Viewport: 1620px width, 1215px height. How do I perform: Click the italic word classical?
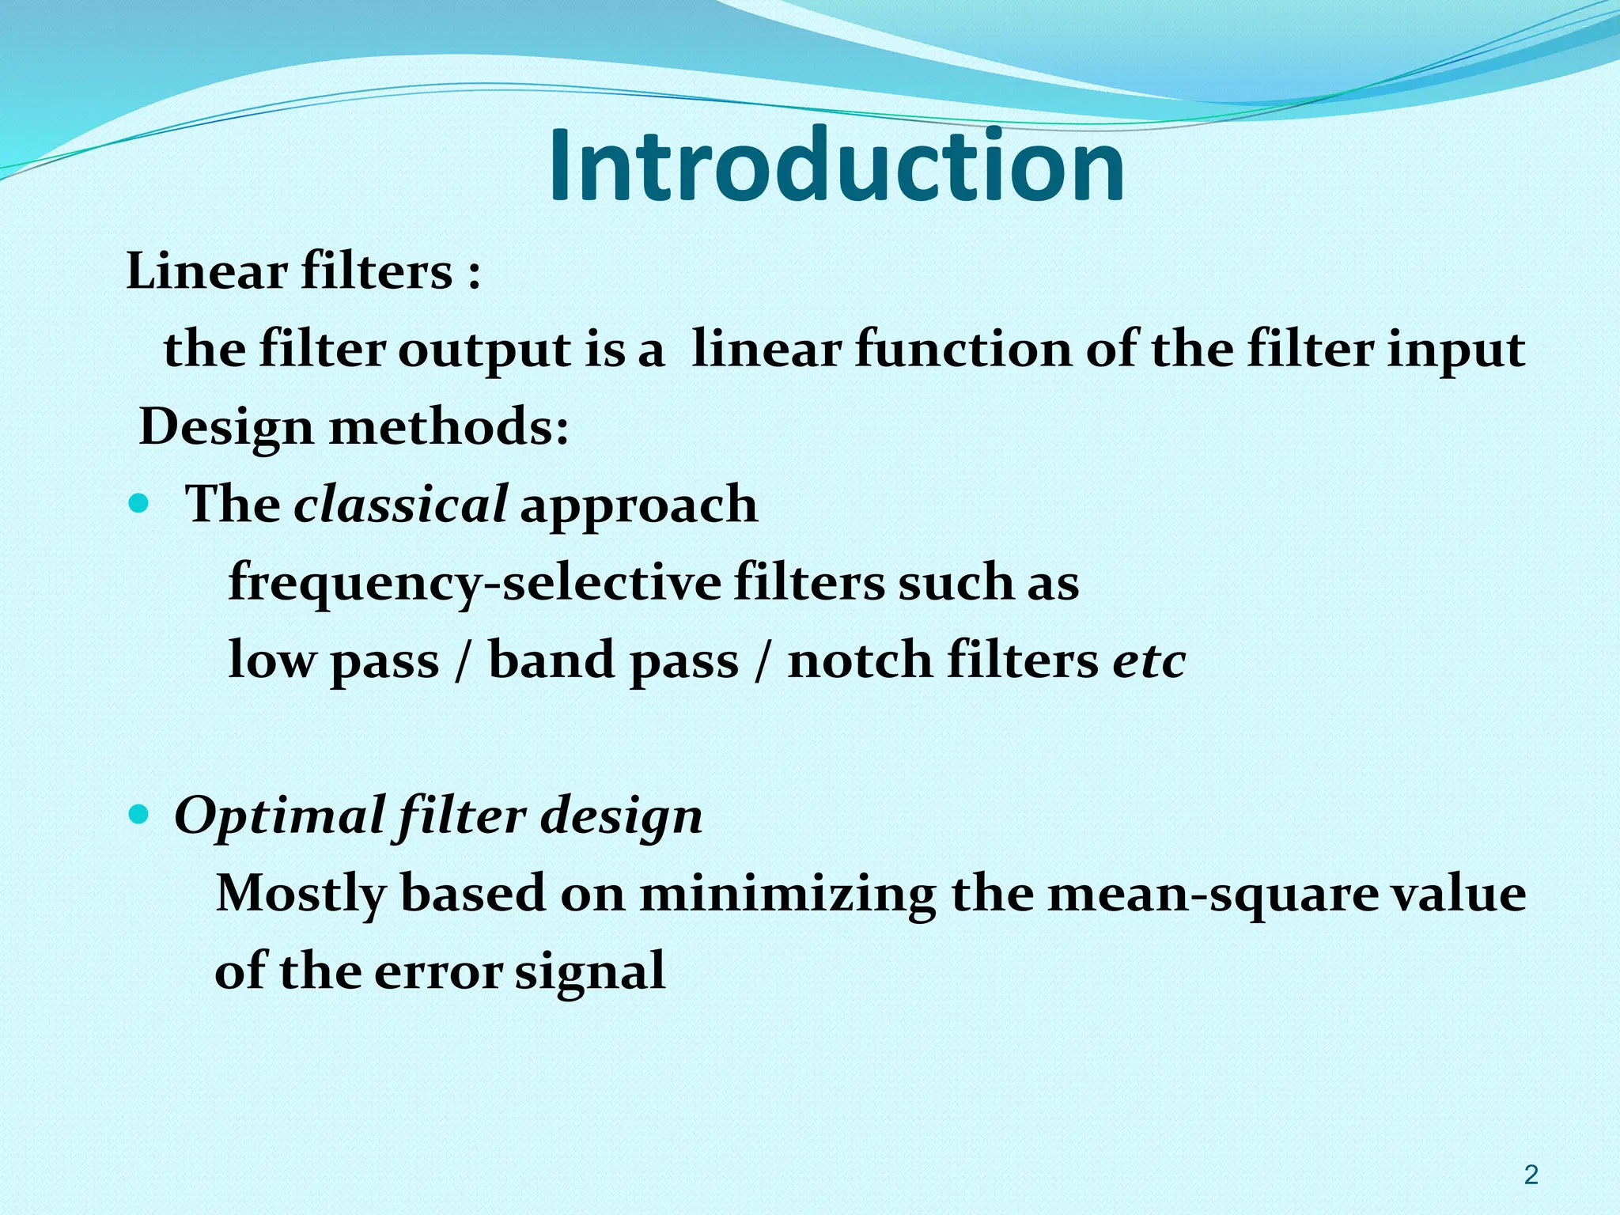click(x=400, y=505)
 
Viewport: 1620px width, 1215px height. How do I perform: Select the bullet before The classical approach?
click(x=138, y=504)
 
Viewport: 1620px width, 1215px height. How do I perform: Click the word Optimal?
click(x=279, y=816)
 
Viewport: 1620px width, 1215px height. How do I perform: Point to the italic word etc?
click(x=1149, y=660)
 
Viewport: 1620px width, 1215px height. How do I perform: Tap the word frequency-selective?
click(x=475, y=584)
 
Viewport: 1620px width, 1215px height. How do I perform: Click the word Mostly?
click(x=301, y=895)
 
